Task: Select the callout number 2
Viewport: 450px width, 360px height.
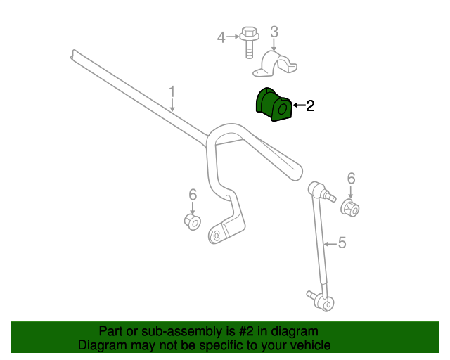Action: point(309,106)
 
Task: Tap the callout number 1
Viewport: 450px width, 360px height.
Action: point(172,91)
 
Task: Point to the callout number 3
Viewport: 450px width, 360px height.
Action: point(274,32)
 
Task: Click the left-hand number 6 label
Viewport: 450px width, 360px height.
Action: point(192,195)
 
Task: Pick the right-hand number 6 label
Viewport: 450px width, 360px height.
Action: point(351,179)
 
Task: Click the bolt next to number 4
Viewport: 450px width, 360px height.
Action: point(247,42)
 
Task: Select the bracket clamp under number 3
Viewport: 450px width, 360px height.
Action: point(275,64)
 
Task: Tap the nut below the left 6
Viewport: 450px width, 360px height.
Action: point(193,221)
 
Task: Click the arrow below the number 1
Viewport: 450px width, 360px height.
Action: point(172,105)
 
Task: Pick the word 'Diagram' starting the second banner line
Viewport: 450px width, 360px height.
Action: point(102,345)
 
